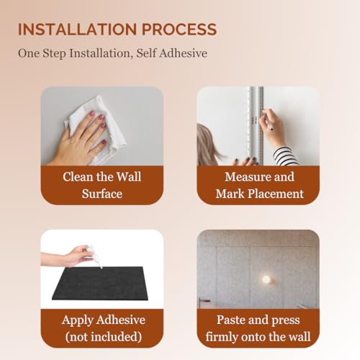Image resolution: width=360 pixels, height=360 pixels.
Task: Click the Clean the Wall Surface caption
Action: [x=102, y=184]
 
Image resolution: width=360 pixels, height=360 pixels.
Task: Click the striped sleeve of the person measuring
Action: [x=285, y=156]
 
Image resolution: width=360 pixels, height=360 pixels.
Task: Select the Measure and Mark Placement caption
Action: [x=258, y=184]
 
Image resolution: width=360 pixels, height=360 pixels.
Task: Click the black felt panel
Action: [x=101, y=289]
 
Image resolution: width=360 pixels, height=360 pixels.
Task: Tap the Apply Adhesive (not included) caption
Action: [x=102, y=328]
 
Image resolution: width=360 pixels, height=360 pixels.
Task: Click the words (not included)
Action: [x=102, y=336]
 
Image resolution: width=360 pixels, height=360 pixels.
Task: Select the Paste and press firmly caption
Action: [x=258, y=328]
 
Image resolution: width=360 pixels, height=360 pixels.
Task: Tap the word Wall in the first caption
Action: [x=128, y=176]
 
